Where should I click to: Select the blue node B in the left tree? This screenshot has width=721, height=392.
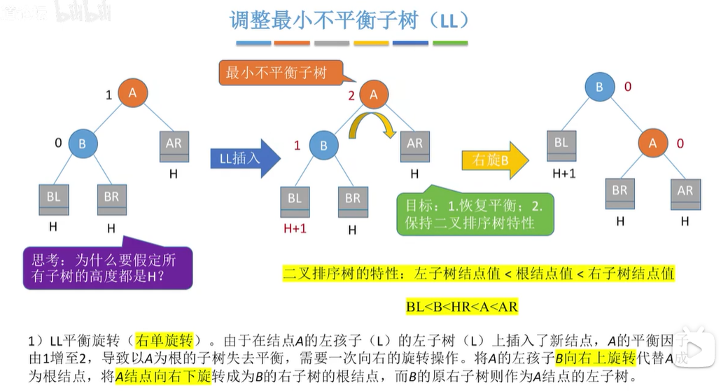click(83, 143)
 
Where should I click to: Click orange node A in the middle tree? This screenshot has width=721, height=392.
click(373, 95)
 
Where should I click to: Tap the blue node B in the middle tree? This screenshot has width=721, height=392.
click(323, 146)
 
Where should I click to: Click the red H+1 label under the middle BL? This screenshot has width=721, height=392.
click(295, 229)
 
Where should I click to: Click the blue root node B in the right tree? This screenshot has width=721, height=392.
click(598, 87)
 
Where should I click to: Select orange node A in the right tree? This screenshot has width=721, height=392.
click(653, 143)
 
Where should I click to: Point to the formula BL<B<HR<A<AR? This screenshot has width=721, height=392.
click(462, 307)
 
